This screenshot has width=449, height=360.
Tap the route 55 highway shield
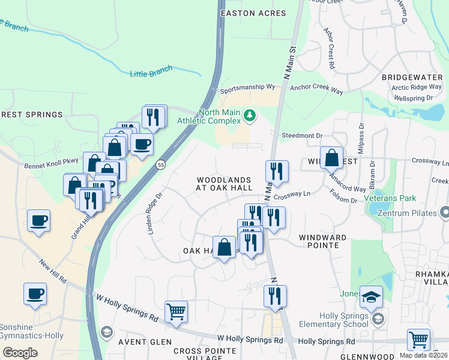pos(160,164)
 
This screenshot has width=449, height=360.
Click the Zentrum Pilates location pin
pos(444,212)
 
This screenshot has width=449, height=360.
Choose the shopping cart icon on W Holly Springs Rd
pos(176,311)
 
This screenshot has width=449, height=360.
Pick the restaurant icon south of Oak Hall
pos(275,296)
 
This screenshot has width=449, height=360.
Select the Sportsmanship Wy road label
pos(247,88)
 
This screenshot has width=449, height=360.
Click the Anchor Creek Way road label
pos(316,88)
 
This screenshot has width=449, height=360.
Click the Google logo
pos(20,353)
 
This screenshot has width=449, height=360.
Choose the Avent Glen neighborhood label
pos(140,342)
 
